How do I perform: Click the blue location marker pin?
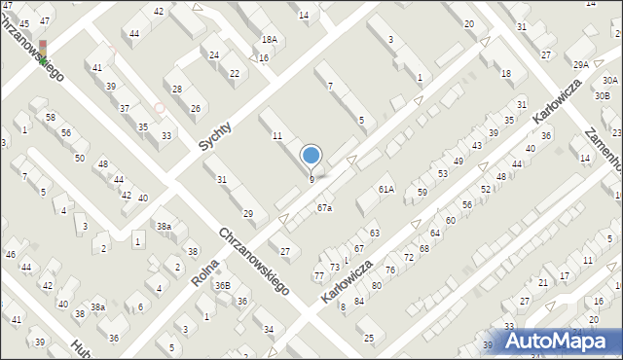[x=311, y=156]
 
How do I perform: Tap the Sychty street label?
[x=216, y=135]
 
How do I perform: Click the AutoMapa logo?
[x=563, y=342]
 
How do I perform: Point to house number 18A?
[x=269, y=40]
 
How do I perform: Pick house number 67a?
[x=324, y=207]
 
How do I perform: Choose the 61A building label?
[x=386, y=189]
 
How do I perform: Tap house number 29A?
[x=581, y=64]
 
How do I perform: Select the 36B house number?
[x=223, y=285]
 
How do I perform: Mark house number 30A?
[x=609, y=80]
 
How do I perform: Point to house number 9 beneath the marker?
[x=311, y=179]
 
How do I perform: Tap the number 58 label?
[x=51, y=117]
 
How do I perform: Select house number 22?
[x=234, y=73]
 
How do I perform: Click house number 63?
[x=374, y=234]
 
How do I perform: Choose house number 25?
[x=368, y=338]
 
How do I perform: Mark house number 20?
[x=469, y=23]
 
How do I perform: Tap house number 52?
[x=485, y=189]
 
